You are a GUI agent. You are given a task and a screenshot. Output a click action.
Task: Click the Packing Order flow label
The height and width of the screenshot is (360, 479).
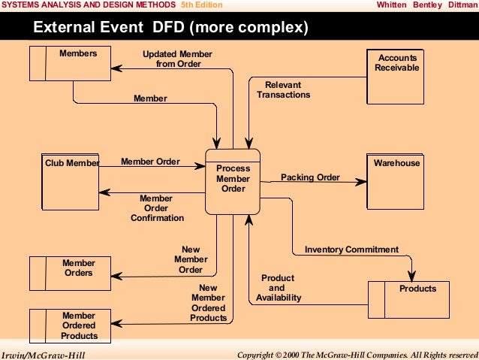pos(310,178)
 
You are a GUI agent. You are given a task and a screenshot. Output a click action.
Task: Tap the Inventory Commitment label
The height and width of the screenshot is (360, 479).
pos(351,250)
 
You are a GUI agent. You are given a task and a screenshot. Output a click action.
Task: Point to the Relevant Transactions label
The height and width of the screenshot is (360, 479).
pos(283,90)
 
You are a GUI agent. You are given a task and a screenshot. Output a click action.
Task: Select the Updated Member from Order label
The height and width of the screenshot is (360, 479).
pos(178,59)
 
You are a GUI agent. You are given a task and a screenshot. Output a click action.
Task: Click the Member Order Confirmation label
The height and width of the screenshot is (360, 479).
pos(157,208)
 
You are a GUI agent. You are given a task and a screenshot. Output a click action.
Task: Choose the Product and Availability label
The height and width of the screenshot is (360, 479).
pos(278,288)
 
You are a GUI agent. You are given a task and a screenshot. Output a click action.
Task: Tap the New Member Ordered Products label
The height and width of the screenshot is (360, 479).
pos(208,303)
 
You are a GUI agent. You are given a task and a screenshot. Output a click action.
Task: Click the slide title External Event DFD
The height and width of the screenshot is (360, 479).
pos(171,29)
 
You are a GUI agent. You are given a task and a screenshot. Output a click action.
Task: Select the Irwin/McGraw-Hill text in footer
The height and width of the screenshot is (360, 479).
pos(43,354)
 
